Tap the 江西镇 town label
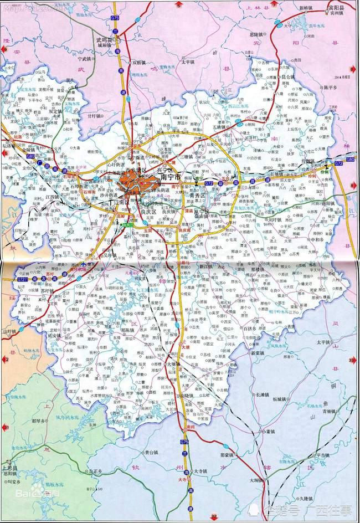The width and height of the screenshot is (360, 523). pyautogui.click(x=52, y=197)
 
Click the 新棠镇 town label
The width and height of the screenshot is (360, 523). pyautogui.click(x=259, y=352)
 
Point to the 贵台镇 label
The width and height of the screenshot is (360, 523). pyautogui.click(x=151, y=452)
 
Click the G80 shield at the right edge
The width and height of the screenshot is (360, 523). pyautogui.click(x=349, y=160)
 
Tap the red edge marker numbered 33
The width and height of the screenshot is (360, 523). pyautogui.click(x=351, y=361)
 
